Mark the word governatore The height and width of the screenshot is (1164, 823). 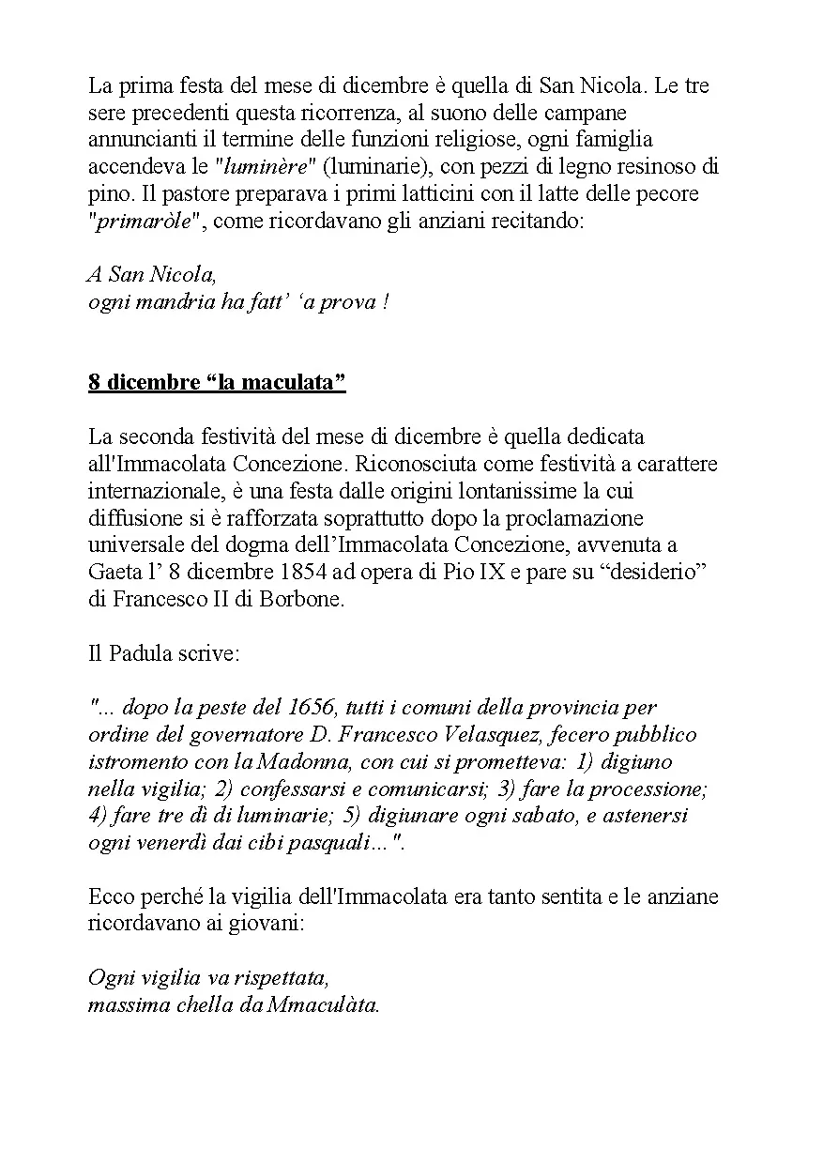click(221, 735)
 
